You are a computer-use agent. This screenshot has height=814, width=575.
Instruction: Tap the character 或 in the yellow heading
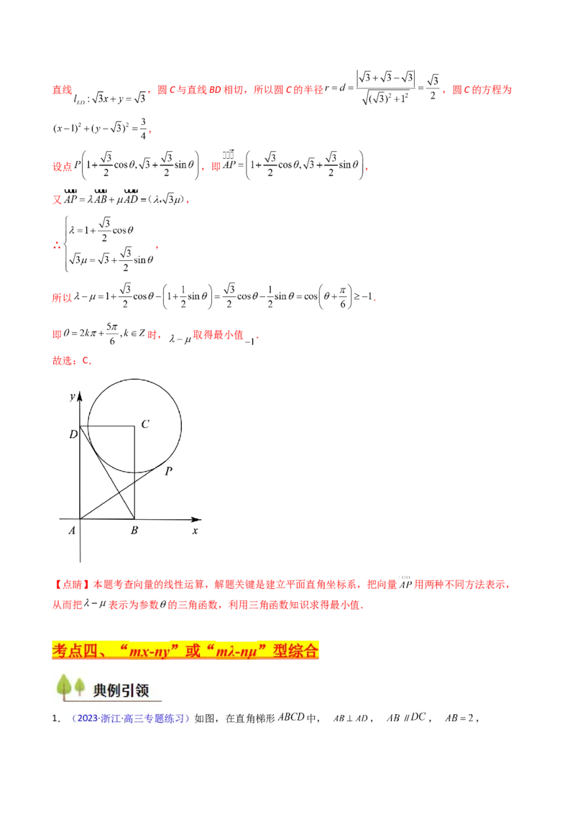pos(193,651)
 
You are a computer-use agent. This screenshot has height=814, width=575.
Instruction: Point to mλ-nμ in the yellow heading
pos(237,651)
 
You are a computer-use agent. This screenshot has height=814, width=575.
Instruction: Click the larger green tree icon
pos(64,686)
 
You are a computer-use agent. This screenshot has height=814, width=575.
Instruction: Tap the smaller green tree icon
pos(79,687)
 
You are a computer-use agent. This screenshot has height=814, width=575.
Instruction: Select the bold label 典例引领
pos(121,690)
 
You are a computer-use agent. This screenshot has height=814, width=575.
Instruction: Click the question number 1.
pos(55,718)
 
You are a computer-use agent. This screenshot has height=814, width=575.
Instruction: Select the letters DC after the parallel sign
pos(418,717)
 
